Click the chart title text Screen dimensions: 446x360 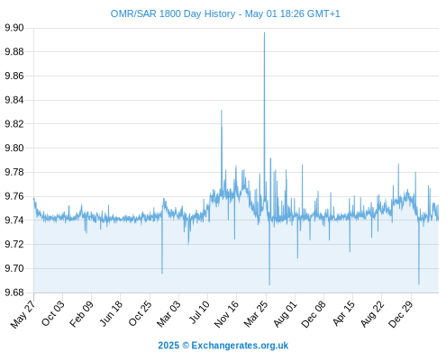click(x=225, y=13)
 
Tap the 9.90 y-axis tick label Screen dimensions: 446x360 click(x=14, y=28)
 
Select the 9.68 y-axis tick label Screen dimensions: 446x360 click(x=14, y=292)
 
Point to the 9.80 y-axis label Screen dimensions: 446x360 click(x=14, y=148)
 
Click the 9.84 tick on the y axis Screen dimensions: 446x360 click(x=14, y=100)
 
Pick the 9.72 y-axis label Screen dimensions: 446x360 click(x=14, y=245)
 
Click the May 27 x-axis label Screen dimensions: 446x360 click(x=23, y=314)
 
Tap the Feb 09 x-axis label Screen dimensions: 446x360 click(x=81, y=314)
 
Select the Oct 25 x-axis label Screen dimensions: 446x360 click(x=141, y=313)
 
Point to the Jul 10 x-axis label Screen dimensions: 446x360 click(x=199, y=312)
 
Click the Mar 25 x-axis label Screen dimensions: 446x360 click(x=256, y=314)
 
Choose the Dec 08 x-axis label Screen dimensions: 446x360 click(x=314, y=314)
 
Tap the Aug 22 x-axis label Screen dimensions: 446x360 click(x=372, y=314)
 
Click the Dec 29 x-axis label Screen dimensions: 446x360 click(x=401, y=314)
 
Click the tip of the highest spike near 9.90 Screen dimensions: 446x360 click(x=264, y=32)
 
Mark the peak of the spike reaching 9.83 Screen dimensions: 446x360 click(x=222, y=110)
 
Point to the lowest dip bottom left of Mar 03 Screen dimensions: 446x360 click(x=162, y=274)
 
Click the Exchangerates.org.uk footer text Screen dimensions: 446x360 click(x=240, y=346)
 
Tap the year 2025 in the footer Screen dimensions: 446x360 click(x=168, y=346)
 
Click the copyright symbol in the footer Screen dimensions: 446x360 click(x=186, y=346)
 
